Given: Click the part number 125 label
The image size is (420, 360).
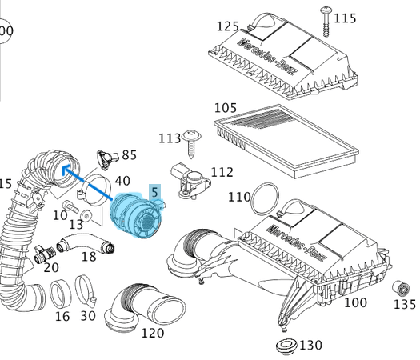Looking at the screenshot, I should pyautogui.click(x=228, y=26).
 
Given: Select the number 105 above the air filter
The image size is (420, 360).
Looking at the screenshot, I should pyautogui.click(x=226, y=108).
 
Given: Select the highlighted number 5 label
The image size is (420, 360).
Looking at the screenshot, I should pyautogui.click(x=154, y=192).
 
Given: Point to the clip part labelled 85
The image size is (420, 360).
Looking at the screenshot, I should pyautogui.click(x=104, y=157).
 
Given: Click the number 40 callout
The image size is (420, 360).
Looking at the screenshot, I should pyautogui.click(x=122, y=182).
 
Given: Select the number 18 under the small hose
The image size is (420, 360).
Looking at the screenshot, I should pyautogui.click(x=89, y=257).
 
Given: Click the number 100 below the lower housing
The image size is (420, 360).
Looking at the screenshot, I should pyautogui.click(x=354, y=303).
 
